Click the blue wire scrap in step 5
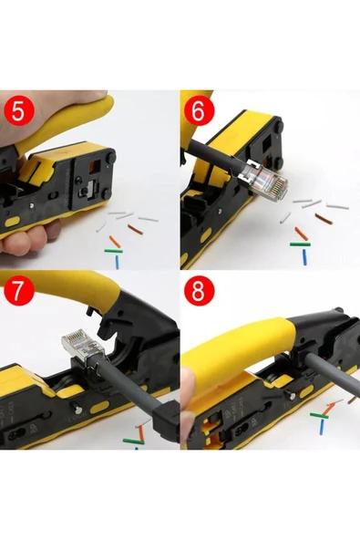pos(118,261)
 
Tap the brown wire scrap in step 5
pos(136,229)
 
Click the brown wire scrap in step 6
pos(323,218)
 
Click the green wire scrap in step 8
pos(318,415)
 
